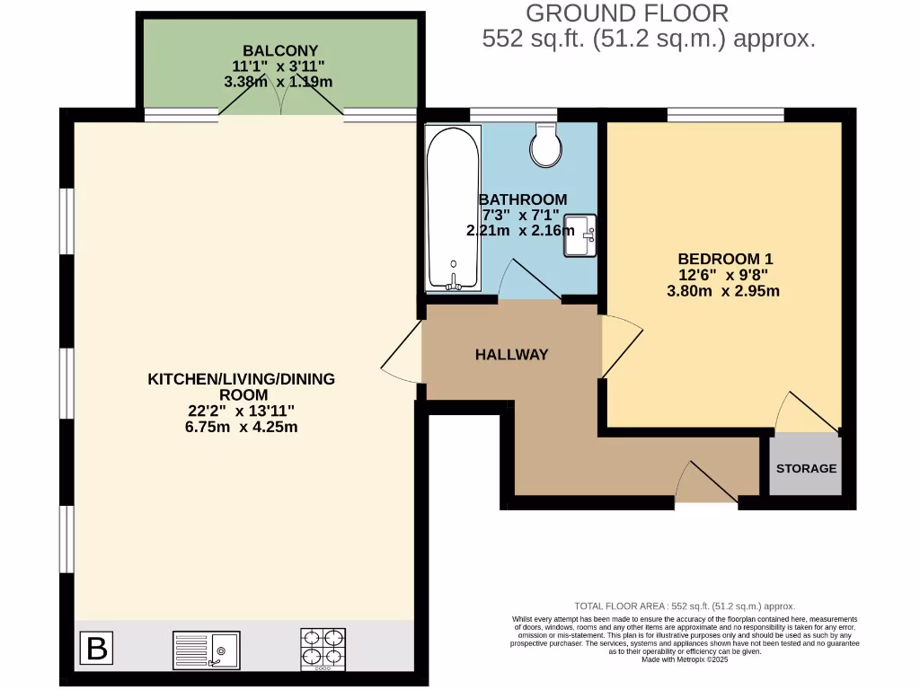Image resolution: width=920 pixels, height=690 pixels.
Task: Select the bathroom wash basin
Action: [x=579, y=235]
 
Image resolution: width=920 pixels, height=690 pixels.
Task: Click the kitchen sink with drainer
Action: [x=205, y=648]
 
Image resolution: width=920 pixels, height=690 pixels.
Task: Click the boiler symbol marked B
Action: [x=98, y=648]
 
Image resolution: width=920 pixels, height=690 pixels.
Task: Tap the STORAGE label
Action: [x=806, y=468]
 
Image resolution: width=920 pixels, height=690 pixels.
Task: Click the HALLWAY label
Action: [x=511, y=355]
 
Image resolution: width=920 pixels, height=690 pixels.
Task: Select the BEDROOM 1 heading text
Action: [x=722, y=259]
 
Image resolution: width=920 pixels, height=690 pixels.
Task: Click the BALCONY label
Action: [x=279, y=50]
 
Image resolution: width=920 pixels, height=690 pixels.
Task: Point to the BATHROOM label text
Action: [x=523, y=199]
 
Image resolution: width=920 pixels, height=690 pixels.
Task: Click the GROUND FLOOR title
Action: [x=626, y=13]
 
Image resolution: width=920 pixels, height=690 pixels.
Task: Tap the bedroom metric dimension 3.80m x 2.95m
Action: [x=722, y=291]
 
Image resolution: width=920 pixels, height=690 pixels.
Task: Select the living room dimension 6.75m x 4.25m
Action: [x=241, y=427]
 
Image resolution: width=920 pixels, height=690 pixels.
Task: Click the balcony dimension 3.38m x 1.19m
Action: [x=279, y=81]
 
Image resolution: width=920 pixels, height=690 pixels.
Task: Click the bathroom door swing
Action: [x=530, y=280]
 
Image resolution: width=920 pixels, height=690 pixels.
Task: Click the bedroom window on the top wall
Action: [x=725, y=114]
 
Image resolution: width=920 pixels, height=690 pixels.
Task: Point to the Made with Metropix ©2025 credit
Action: [x=685, y=659]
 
